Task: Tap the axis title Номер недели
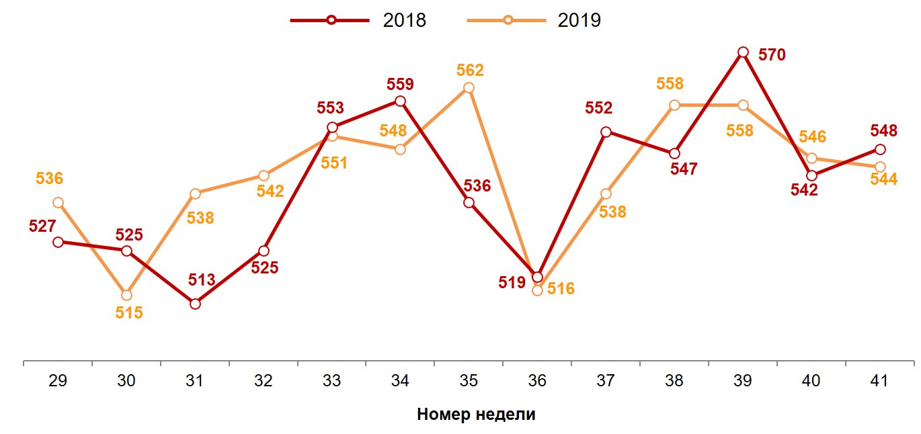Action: pos(476,414)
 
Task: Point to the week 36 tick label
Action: pos(537,381)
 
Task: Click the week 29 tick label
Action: pos(58,381)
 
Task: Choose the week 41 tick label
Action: pos(879,381)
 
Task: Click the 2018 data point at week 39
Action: pos(743,52)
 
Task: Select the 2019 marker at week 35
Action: pos(469,88)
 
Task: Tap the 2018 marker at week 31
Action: pos(195,304)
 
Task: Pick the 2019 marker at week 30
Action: pos(126,295)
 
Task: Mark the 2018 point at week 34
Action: pos(400,101)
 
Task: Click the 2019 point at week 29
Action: pos(58,203)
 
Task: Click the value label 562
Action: pos(470,71)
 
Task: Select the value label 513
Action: pos(201,280)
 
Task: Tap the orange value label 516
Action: pos(561,289)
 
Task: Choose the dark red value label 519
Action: pos(512,282)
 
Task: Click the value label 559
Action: pos(400,85)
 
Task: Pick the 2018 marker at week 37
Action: pos(606,132)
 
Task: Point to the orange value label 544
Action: pos(884,180)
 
